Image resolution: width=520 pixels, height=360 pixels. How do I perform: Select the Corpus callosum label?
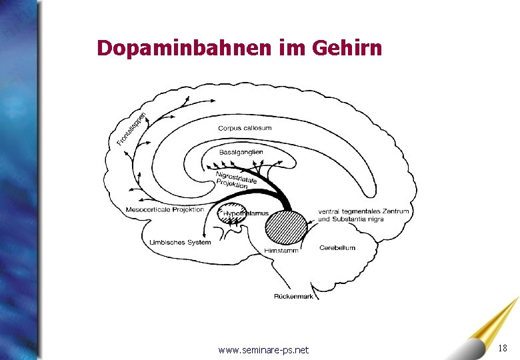(x=245, y=128)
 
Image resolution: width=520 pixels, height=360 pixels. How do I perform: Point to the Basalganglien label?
(x=241, y=152)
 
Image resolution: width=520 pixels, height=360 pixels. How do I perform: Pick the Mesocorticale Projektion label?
(x=165, y=210)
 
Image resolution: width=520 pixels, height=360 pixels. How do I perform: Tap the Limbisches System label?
(x=180, y=242)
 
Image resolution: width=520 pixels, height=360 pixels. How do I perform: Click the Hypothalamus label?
(x=245, y=213)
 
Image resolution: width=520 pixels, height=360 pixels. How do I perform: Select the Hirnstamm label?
(x=280, y=249)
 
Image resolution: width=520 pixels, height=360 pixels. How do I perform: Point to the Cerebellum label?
(x=337, y=247)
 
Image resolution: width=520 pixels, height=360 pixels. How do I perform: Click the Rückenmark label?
(x=293, y=296)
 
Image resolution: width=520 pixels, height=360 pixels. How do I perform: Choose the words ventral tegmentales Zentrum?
(x=363, y=211)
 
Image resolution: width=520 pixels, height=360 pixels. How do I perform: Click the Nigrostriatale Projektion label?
(x=235, y=181)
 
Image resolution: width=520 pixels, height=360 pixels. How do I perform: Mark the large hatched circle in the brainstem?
(x=286, y=227)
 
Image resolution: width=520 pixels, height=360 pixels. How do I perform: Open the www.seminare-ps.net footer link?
(x=263, y=350)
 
